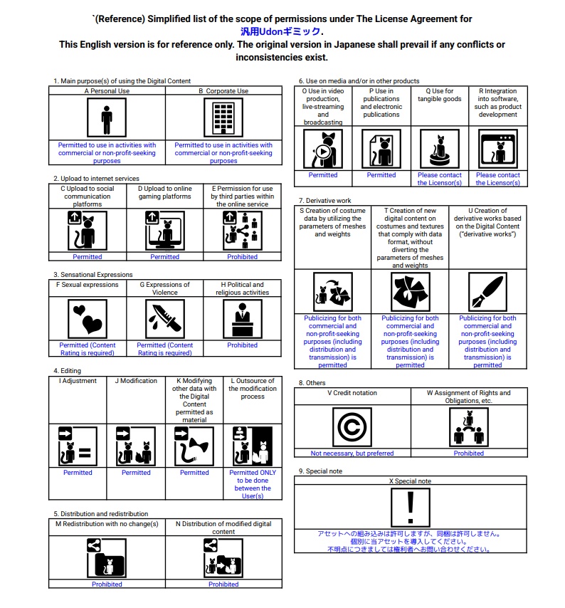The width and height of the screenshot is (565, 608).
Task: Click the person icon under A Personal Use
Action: [107, 117]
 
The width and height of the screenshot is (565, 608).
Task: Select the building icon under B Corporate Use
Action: [223, 117]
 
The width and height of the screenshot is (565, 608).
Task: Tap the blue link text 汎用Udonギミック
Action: [280, 31]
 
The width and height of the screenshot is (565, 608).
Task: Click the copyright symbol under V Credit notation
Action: [352, 427]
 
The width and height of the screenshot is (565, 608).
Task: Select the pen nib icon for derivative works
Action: [487, 292]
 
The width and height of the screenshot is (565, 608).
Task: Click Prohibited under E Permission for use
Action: [243, 257]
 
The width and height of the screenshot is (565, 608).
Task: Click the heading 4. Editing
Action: [66, 371]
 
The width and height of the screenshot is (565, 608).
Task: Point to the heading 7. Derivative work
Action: [324, 201]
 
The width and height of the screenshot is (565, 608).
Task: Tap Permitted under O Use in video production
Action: [323, 175]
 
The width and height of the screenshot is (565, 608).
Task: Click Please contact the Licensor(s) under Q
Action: [439, 179]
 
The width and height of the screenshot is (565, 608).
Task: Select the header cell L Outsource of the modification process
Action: [253, 389]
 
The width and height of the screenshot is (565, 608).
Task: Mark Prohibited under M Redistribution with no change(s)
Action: [107, 585]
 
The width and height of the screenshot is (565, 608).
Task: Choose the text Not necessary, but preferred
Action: [352, 454]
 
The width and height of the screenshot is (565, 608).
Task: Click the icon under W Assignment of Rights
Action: [469, 427]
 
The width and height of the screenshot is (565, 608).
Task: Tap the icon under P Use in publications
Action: [381, 149]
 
